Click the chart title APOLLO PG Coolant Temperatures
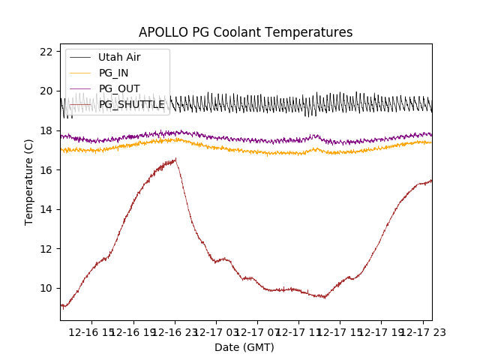pos(245,32)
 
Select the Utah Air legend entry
pos(119,57)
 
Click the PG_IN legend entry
pos(113,73)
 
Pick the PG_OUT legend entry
pos(119,88)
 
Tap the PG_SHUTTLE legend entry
pos(132,104)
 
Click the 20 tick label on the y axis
pos(46,91)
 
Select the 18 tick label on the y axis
pos(46,130)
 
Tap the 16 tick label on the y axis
pos(46,169)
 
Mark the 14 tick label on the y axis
pos(46,209)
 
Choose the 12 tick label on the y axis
pos(46,248)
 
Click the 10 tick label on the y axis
pos(46,288)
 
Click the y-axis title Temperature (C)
pos(29,181)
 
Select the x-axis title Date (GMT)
pos(244,347)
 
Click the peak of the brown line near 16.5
pos(176,159)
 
